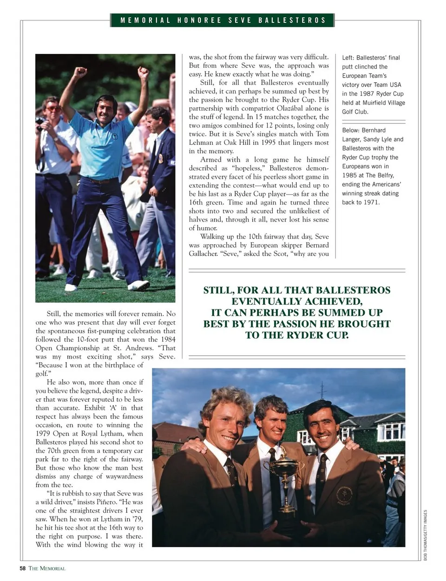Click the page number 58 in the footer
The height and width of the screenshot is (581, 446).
[x=22, y=568]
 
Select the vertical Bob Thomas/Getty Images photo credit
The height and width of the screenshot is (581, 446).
[x=425, y=535]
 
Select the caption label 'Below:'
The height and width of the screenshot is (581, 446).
[x=351, y=131]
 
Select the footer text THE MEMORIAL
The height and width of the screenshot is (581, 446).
[x=47, y=568]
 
